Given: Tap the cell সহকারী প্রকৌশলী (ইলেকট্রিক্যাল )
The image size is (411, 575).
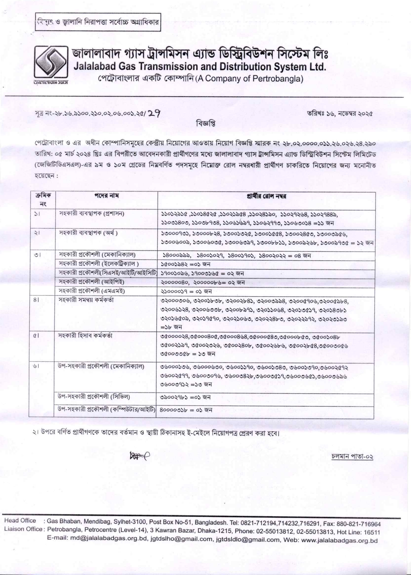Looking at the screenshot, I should coord(99,264).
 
